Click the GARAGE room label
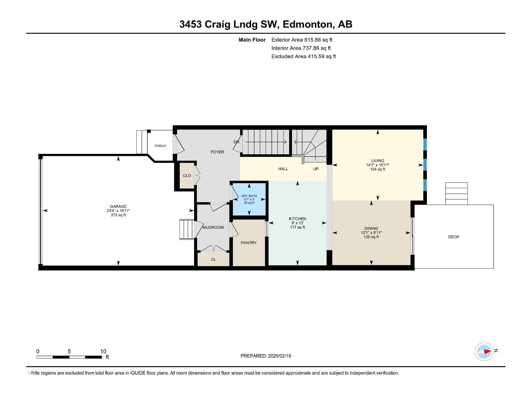(x=118, y=206)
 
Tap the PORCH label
(x=160, y=146)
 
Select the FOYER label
(x=217, y=152)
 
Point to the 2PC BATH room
(x=249, y=199)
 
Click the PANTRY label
(x=249, y=243)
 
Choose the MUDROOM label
(x=213, y=227)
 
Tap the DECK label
(x=454, y=237)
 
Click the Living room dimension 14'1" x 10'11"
(x=377, y=165)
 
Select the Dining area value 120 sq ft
(x=371, y=237)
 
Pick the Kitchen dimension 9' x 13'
(x=297, y=223)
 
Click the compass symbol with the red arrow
(x=484, y=351)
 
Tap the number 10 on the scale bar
(x=103, y=351)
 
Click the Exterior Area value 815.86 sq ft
(x=318, y=40)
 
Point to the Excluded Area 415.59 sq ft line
(x=304, y=57)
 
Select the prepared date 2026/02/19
(x=279, y=356)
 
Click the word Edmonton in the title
(x=307, y=24)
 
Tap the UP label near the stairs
(x=316, y=169)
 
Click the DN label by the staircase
(x=236, y=142)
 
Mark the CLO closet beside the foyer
(x=187, y=176)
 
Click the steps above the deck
(x=457, y=194)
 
